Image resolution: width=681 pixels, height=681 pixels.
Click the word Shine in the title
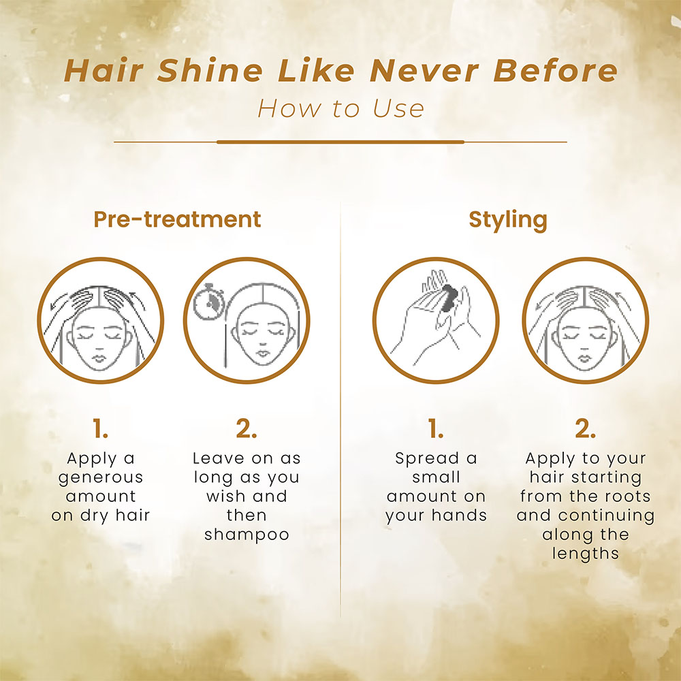pos(210,70)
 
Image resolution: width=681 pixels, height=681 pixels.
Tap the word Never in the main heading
pos(424,70)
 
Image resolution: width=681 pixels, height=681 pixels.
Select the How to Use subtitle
pos(340,108)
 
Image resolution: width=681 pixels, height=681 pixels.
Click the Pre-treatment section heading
pos(177,219)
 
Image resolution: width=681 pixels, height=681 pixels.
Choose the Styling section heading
pos(508,220)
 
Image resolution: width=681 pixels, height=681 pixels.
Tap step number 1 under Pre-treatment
pos(100,428)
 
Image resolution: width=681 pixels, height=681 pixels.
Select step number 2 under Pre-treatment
pos(247,428)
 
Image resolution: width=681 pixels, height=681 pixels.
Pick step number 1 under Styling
pos(436,428)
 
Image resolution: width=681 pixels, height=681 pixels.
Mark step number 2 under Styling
pos(585,428)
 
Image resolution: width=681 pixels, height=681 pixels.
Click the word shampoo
pos(247,535)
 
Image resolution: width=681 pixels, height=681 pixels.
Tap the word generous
pos(100,478)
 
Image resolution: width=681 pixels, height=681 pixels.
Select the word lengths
pos(586,554)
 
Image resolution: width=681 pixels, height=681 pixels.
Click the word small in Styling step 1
pos(436,477)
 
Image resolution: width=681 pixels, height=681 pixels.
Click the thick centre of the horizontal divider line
pos(340,142)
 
